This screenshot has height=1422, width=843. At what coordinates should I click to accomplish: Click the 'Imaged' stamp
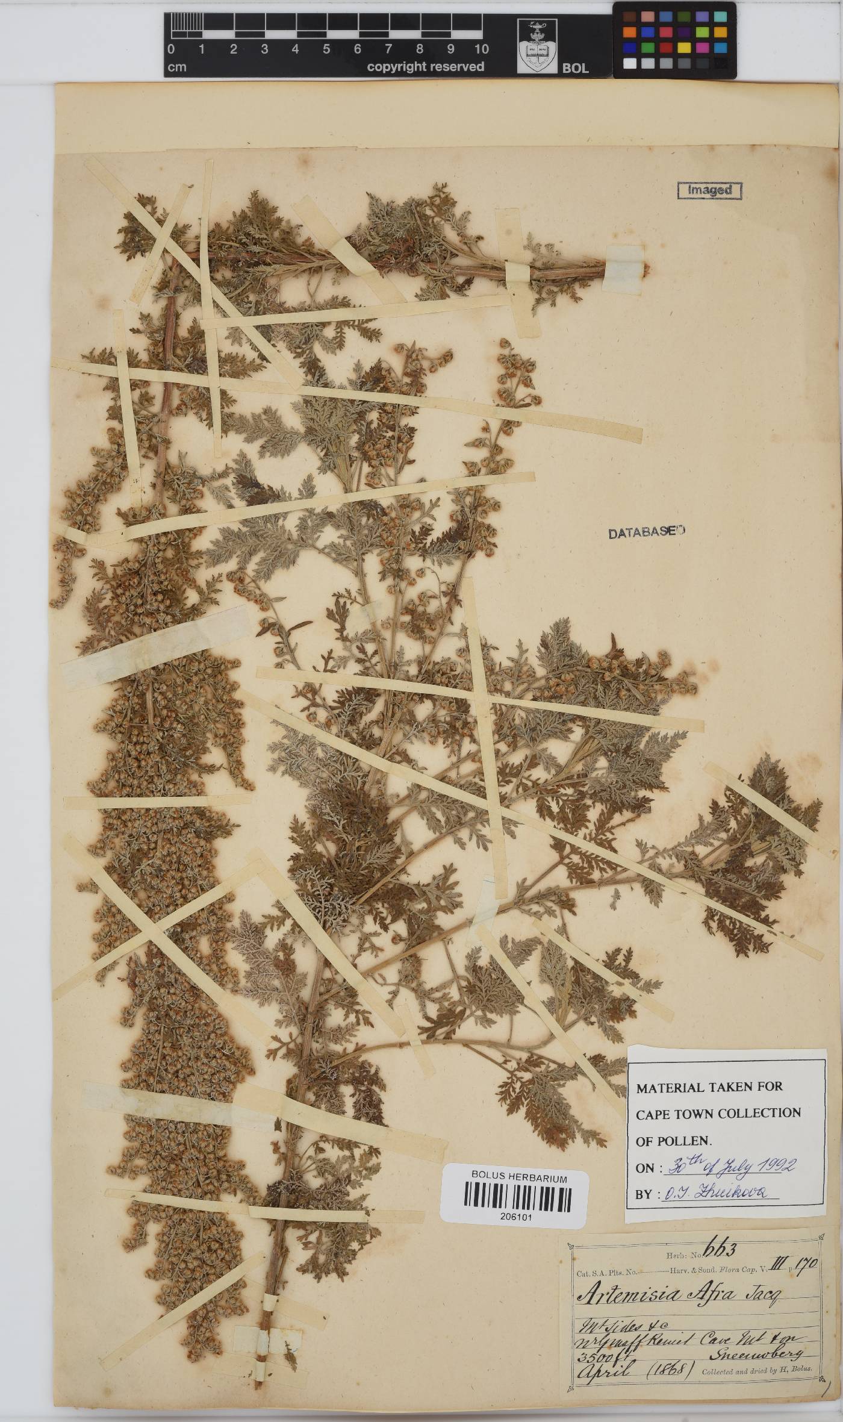[x=709, y=190]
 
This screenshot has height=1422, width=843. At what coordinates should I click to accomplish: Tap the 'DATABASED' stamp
[x=647, y=532]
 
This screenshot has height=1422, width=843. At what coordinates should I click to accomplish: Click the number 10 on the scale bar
[x=481, y=49]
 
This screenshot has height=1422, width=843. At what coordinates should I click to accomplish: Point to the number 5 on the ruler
[x=326, y=49]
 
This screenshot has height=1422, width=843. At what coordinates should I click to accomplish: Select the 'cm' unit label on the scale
[x=176, y=67]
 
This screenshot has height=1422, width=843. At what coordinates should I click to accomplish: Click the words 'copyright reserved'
[x=425, y=67]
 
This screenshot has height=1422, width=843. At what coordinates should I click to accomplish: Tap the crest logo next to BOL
[x=537, y=46]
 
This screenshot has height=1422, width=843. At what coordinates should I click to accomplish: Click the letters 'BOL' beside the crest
[x=575, y=69]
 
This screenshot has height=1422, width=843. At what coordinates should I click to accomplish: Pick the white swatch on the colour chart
[x=629, y=63]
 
